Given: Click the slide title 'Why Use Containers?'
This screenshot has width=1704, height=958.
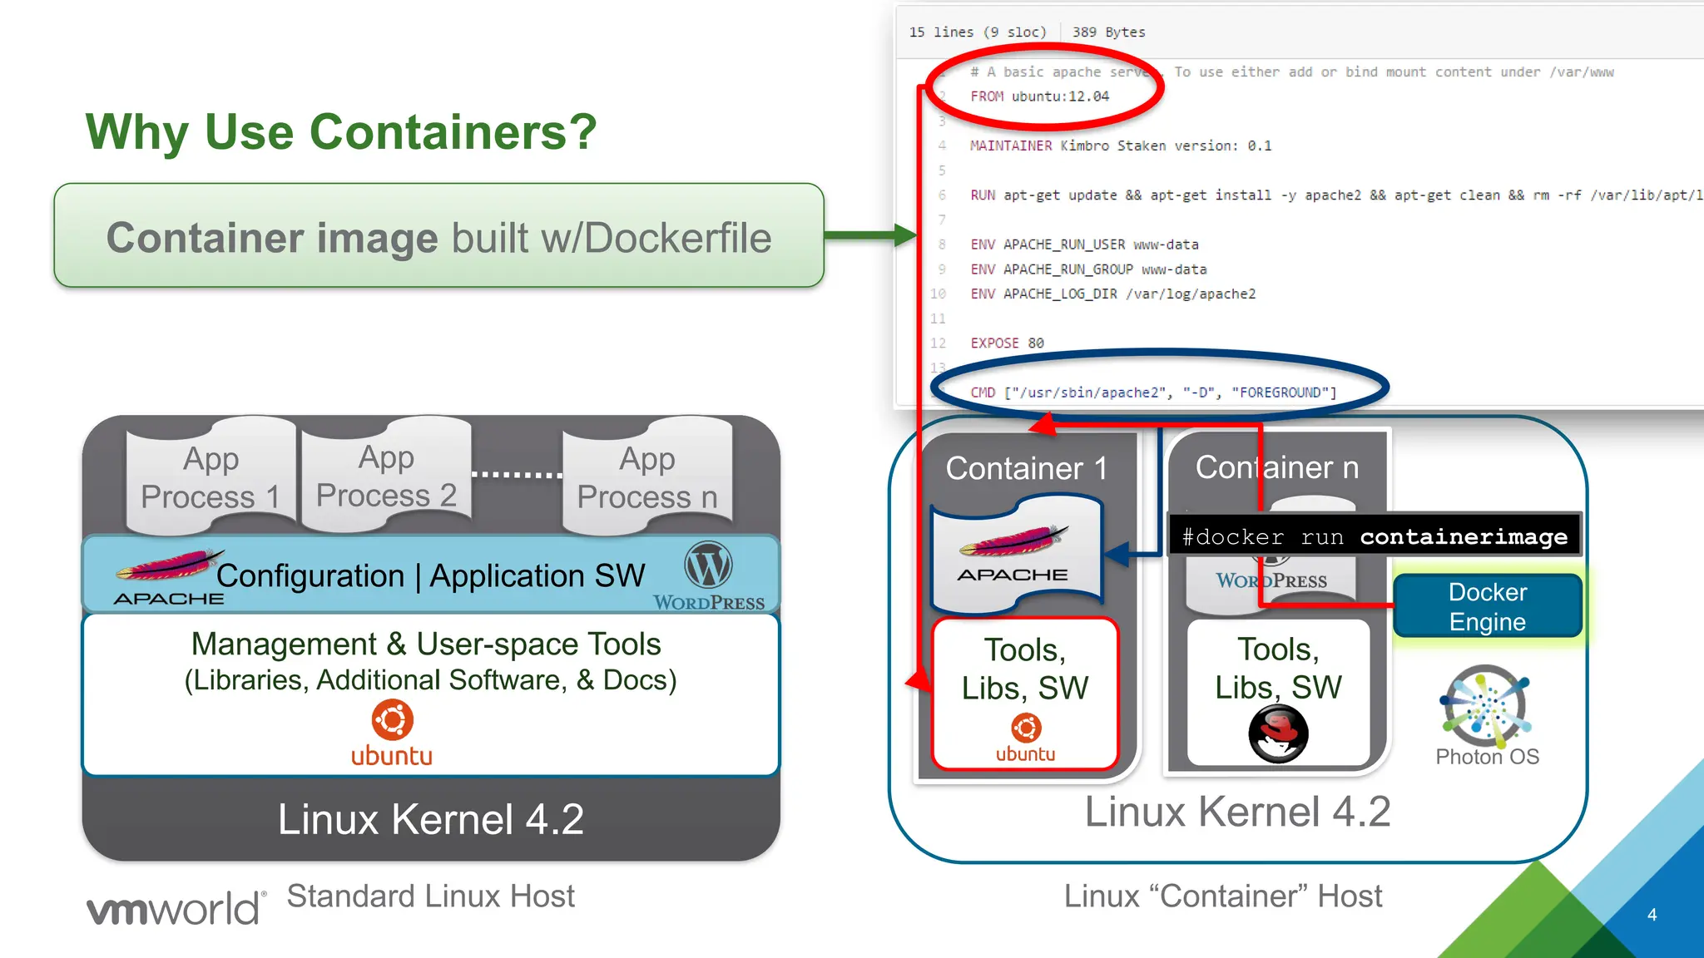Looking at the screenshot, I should tap(341, 131).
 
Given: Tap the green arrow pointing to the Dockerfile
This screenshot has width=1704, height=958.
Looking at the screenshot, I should tap(869, 235).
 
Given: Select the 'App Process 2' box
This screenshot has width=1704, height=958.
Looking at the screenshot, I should tap(386, 476).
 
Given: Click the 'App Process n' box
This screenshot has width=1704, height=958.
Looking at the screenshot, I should tap(647, 477).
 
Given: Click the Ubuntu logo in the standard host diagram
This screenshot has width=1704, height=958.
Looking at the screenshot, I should tap(392, 733).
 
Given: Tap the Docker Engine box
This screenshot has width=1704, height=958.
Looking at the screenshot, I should tap(1487, 606).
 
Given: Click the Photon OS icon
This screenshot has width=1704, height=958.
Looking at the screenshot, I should tap(1487, 707).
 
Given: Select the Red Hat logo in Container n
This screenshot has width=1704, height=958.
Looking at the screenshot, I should tap(1278, 733).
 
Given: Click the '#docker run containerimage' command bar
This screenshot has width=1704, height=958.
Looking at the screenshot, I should tap(1375, 536).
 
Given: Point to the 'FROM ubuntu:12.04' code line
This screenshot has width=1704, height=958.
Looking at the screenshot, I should tap(1039, 96).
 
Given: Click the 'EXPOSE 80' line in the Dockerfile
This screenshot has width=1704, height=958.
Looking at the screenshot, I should tap(1007, 343).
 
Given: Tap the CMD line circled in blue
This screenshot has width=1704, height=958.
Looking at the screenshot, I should tap(1153, 392).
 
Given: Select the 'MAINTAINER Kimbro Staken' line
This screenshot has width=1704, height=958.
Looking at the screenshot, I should tap(1120, 146).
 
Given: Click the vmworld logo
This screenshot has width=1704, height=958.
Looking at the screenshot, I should tap(176, 908).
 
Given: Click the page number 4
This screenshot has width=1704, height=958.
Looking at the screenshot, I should tap(1652, 915).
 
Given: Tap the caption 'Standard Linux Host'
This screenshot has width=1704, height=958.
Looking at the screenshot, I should tap(430, 896).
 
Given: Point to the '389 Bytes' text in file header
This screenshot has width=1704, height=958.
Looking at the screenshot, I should tap(1108, 32).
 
